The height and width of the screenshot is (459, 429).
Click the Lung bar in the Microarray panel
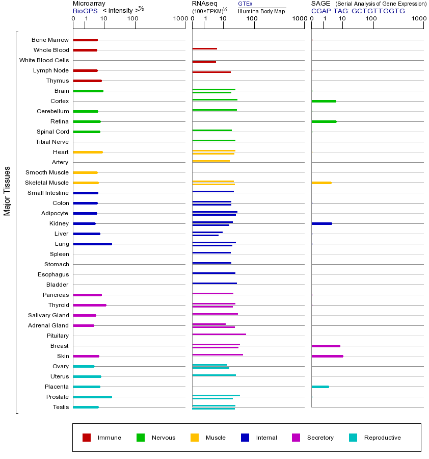[x=92, y=244]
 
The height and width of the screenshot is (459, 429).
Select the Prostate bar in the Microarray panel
[x=92, y=397]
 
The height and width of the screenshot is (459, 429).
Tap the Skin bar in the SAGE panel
[x=327, y=356]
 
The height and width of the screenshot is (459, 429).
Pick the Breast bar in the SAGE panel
[x=326, y=346]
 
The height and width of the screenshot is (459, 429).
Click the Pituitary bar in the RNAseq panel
[x=219, y=334]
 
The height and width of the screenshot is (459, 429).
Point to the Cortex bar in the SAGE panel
[x=324, y=101]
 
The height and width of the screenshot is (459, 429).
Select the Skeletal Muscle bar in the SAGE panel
[x=321, y=183]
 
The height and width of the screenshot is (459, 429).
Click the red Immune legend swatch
[x=87, y=438]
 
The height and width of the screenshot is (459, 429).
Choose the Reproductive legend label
[x=382, y=438]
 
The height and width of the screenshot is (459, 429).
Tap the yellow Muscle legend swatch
[x=195, y=438]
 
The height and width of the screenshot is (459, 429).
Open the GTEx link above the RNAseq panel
[x=245, y=4]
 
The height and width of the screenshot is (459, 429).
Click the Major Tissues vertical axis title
[x=7, y=191]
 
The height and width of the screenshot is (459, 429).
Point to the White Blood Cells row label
[x=44, y=60]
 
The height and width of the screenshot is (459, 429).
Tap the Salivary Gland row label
[x=48, y=315]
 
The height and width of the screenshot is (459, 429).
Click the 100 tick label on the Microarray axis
[x=132, y=19]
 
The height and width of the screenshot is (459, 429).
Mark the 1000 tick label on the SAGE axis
[x=419, y=19]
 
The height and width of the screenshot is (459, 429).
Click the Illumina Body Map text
[x=261, y=11]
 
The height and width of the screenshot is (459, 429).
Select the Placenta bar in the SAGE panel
[x=320, y=387]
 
